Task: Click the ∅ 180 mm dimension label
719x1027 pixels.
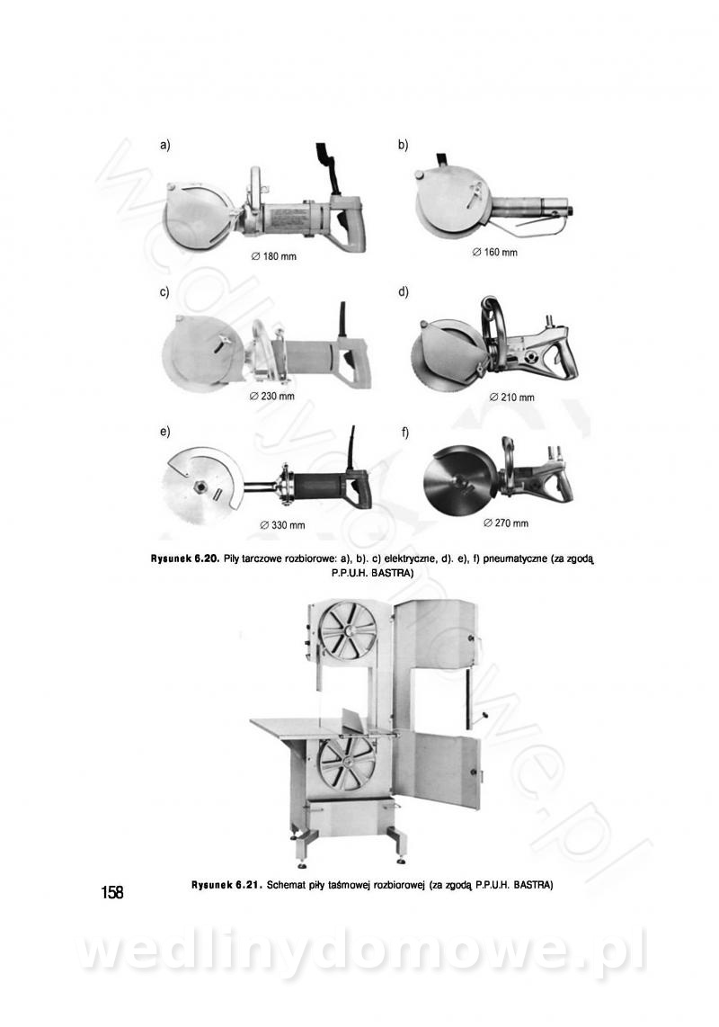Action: (x=274, y=256)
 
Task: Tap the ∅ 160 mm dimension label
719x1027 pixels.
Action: (x=495, y=252)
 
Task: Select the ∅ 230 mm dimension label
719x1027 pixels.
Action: (x=272, y=397)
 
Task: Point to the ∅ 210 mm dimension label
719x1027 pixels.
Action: (x=512, y=397)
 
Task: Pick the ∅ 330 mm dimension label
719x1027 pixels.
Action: (x=283, y=525)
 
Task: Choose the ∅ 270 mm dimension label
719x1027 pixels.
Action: (x=506, y=522)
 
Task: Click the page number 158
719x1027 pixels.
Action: (x=112, y=892)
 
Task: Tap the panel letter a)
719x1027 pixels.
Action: (x=165, y=146)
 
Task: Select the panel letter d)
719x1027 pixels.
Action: (x=404, y=291)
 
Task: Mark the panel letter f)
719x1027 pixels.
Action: (x=405, y=433)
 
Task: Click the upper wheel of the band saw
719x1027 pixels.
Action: (x=346, y=631)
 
